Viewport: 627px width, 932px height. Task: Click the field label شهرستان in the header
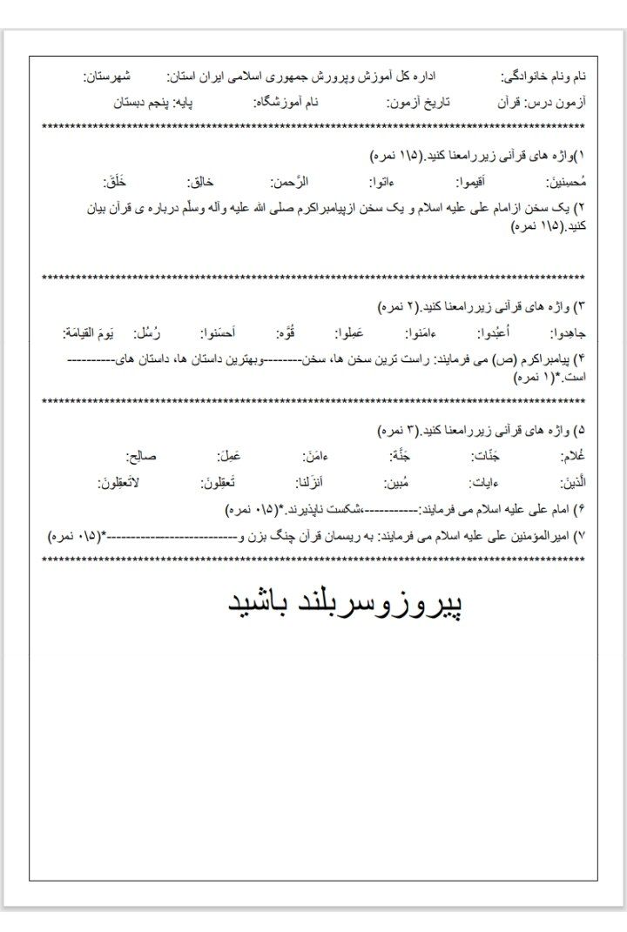pos(109,77)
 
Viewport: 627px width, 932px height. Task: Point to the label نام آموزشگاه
pos(287,102)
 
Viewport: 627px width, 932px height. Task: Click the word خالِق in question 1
pos(200,183)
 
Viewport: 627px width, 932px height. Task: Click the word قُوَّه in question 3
pos(285,334)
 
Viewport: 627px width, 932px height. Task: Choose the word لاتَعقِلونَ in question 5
pos(120,483)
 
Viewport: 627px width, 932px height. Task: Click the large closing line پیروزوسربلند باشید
pos(345,603)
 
